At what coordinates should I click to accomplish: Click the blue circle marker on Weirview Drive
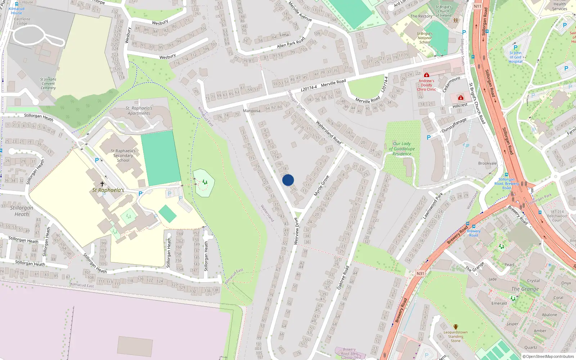coord(288,180)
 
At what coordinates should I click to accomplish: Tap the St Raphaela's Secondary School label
coord(123,156)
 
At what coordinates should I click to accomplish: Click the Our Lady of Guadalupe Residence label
coord(402,149)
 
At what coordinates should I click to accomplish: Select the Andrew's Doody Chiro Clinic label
coord(426,85)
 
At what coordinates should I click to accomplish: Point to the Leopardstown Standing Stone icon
coord(456,327)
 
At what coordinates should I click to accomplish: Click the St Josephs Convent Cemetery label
coord(48,84)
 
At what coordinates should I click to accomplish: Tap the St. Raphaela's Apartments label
coord(139,111)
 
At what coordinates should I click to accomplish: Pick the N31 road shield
coord(420,274)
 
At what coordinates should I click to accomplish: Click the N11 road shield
coord(477,6)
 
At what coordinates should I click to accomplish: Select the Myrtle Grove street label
coord(321,186)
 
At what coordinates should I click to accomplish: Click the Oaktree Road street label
coord(343,278)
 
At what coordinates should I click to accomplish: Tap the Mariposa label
coord(252,111)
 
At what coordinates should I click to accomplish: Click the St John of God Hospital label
coord(516,57)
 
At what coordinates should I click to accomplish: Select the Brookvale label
coord(487,163)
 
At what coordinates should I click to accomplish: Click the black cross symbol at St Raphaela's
coord(102,184)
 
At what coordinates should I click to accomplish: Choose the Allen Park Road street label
coord(291,42)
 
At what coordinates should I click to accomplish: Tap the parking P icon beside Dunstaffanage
coord(428,138)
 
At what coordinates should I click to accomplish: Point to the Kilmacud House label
coord(17,11)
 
